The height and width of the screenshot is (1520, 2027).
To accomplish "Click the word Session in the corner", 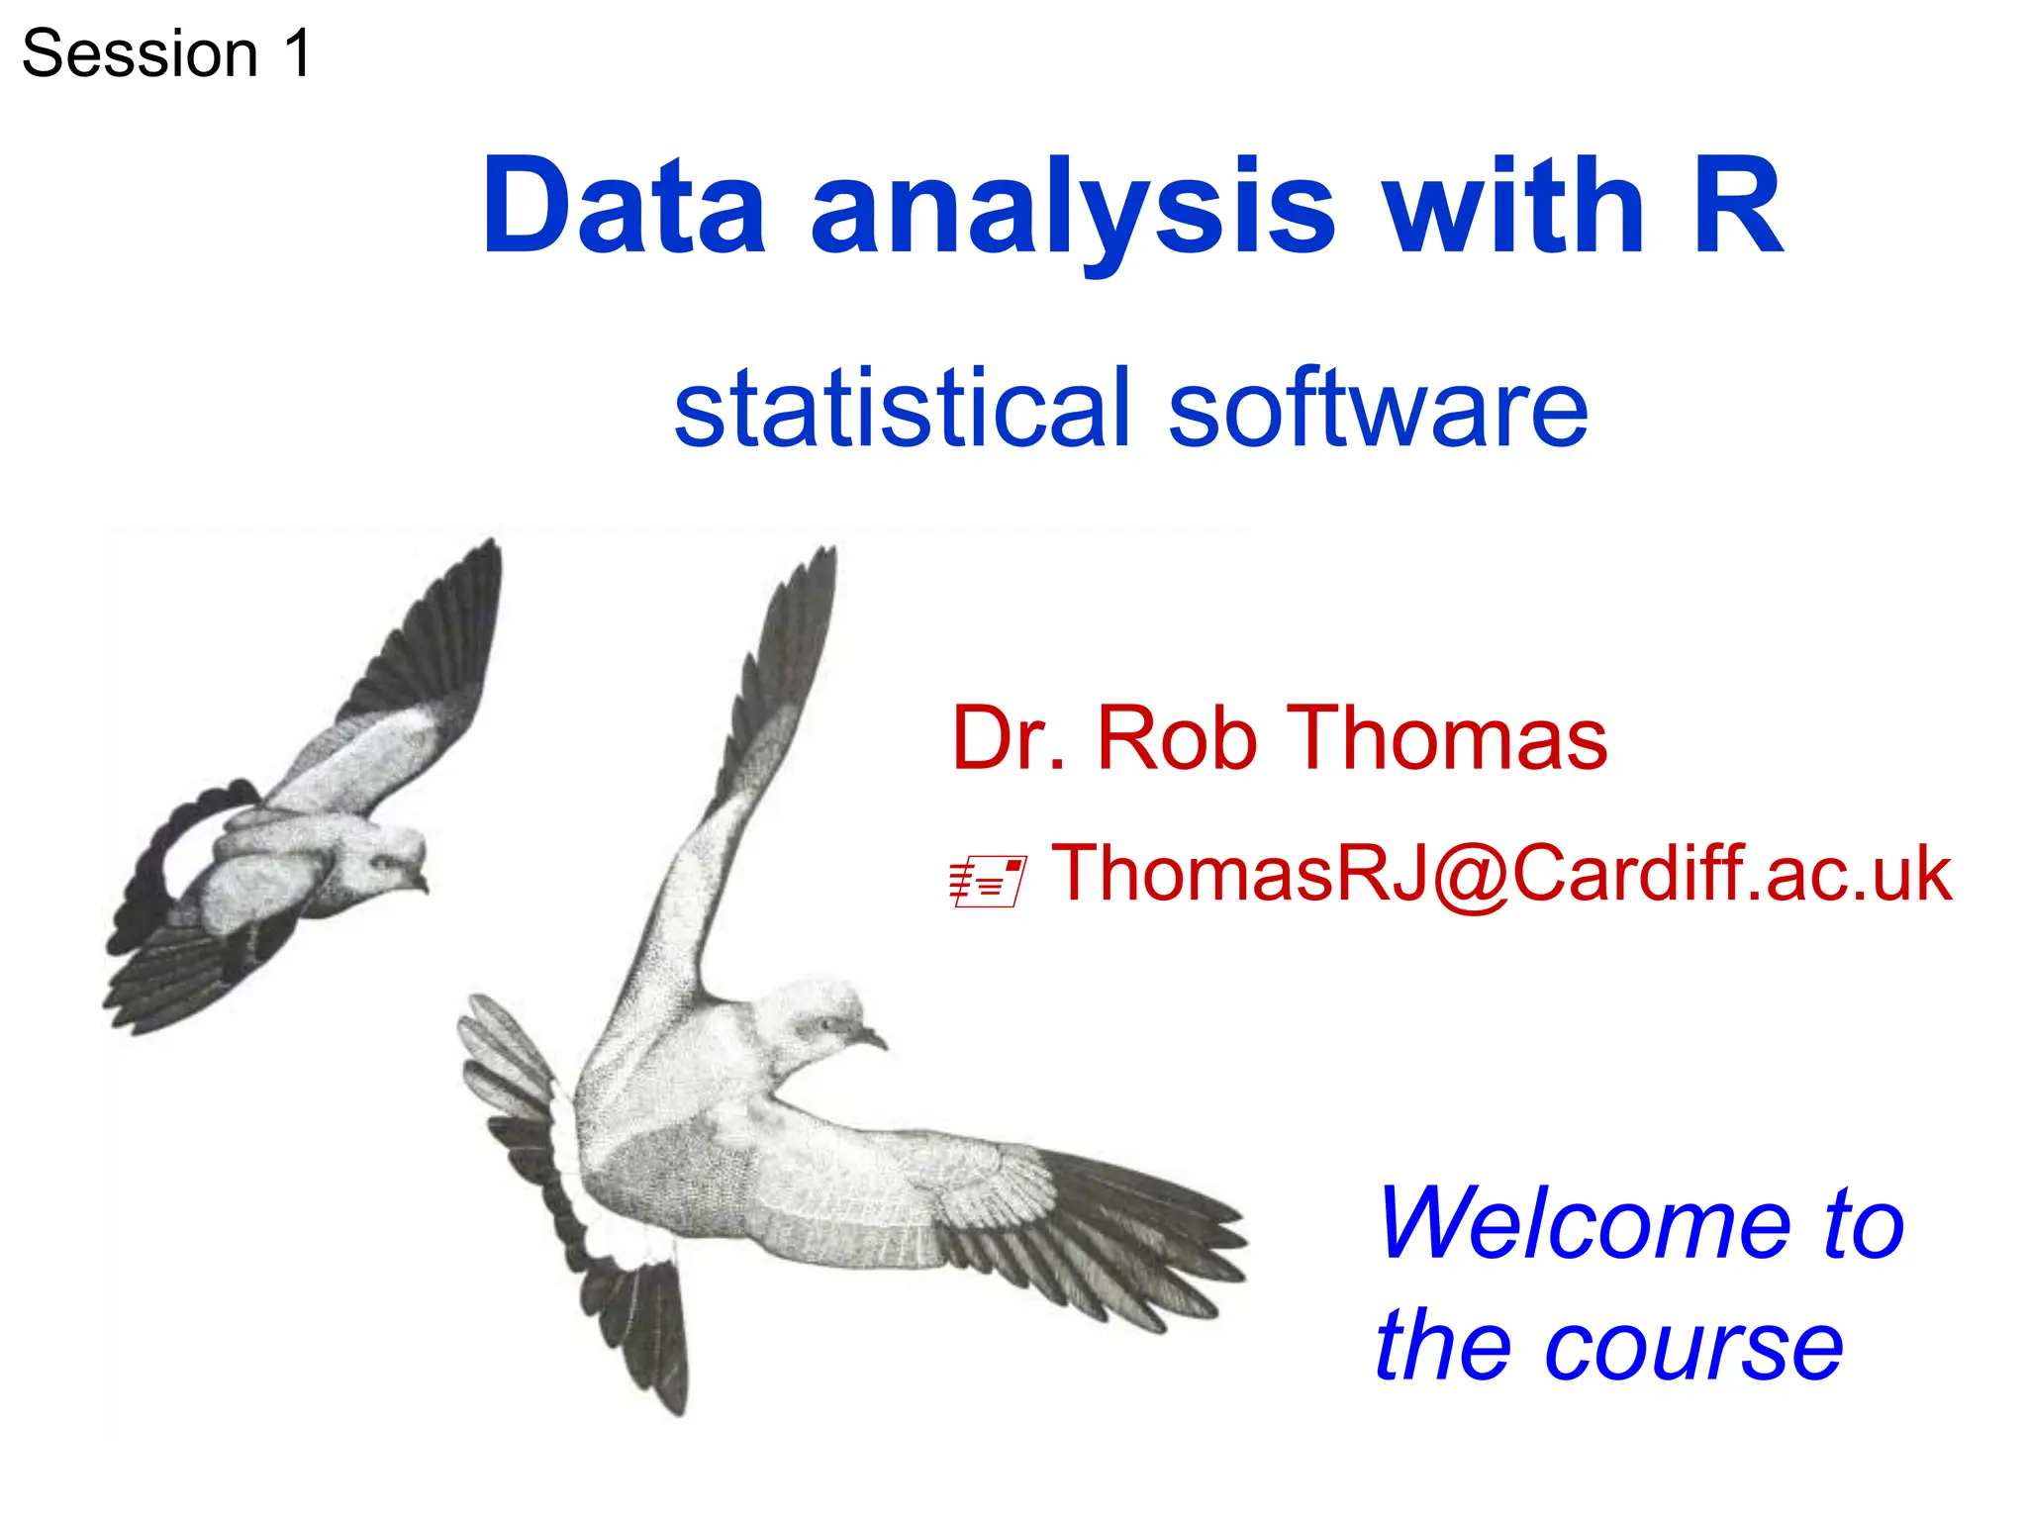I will coord(140,53).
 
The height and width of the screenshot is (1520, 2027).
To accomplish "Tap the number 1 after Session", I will coord(296,53).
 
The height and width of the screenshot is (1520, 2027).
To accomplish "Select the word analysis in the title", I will coord(1073,210).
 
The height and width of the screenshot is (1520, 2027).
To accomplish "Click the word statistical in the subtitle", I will coord(901,407).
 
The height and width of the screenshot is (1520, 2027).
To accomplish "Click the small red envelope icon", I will coord(987,882).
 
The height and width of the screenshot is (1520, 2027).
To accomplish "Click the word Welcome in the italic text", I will coord(1584,1224).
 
